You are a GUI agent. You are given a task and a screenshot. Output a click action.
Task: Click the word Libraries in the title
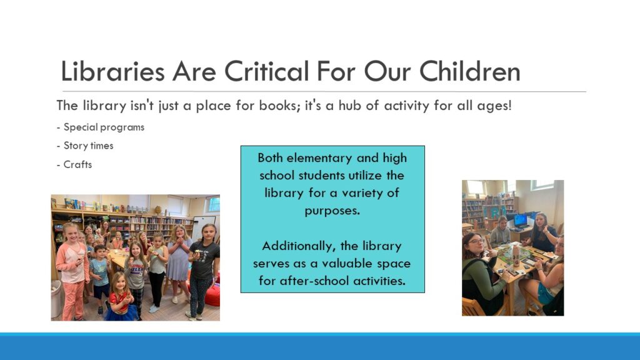pos(112,71)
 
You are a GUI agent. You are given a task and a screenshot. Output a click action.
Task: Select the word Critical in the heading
pos(266,71)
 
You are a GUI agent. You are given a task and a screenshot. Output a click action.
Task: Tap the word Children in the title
pos(470,71)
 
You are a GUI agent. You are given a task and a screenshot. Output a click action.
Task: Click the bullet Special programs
pos(101,127)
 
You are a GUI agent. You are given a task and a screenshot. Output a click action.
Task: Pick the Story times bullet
pos(85,146)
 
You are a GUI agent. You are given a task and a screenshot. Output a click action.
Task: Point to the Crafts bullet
pos(74,164)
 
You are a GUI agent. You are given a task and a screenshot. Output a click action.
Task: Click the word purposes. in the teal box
pos(332,211)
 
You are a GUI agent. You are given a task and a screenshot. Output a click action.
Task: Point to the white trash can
pos(56,299)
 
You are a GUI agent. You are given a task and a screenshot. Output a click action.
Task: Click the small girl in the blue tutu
pos(121,297)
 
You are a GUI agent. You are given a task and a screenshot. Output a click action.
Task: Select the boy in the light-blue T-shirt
pos(99,279)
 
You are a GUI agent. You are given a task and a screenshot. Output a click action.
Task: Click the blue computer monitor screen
pos(521,221)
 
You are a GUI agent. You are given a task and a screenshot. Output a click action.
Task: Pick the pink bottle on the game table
pos(516,255)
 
